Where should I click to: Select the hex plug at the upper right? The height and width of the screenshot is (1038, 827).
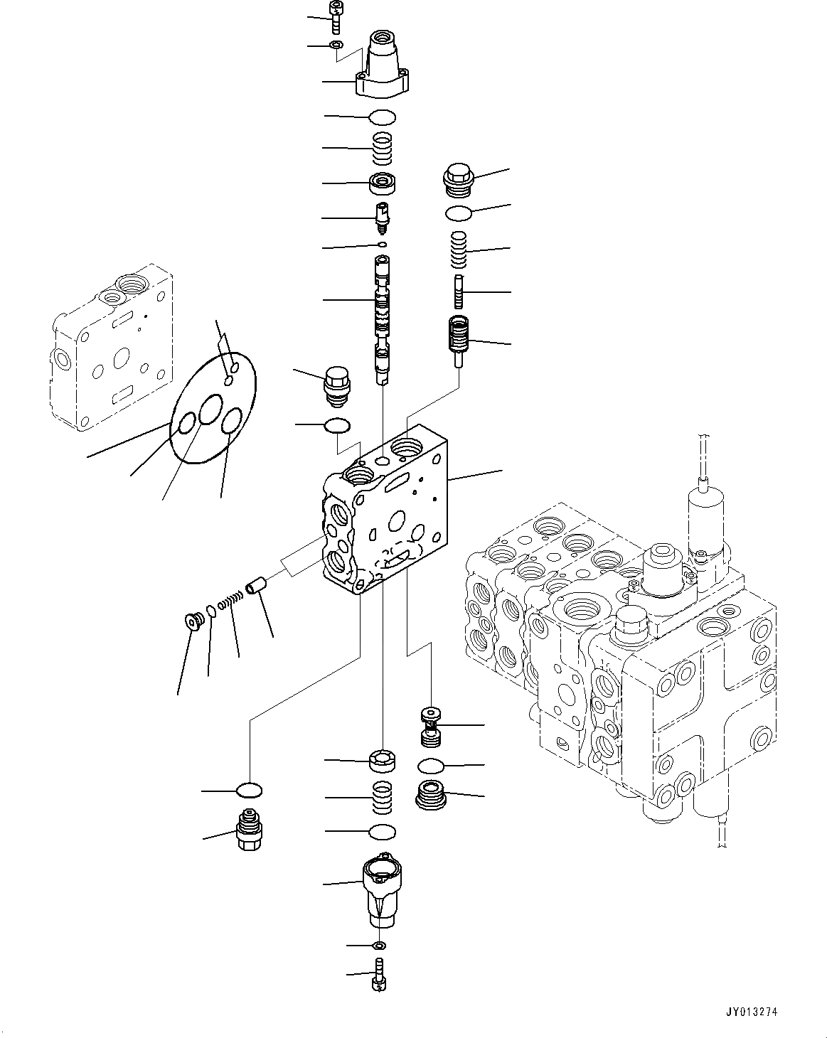point(458,180)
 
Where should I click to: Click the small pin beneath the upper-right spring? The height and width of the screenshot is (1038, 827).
point(459,289)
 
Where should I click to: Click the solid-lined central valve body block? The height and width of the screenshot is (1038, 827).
point(384,519)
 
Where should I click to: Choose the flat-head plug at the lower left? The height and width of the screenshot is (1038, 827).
point(192,622)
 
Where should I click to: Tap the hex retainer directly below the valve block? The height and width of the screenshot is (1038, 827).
point(383,761)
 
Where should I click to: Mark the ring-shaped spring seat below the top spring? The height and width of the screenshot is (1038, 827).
point(383,184)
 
